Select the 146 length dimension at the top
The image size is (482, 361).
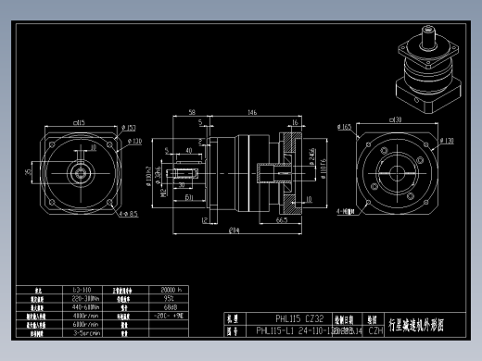click(251, 112)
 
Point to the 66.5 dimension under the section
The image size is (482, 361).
click(280, 220)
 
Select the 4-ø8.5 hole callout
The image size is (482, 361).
click(129, 214)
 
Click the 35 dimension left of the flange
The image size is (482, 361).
click(28, 170)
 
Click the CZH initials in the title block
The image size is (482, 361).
click(375, 330)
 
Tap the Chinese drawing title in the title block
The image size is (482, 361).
click(418, 324)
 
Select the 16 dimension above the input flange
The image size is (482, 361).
click(294, 122)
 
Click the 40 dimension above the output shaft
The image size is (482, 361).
click(188, 148)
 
